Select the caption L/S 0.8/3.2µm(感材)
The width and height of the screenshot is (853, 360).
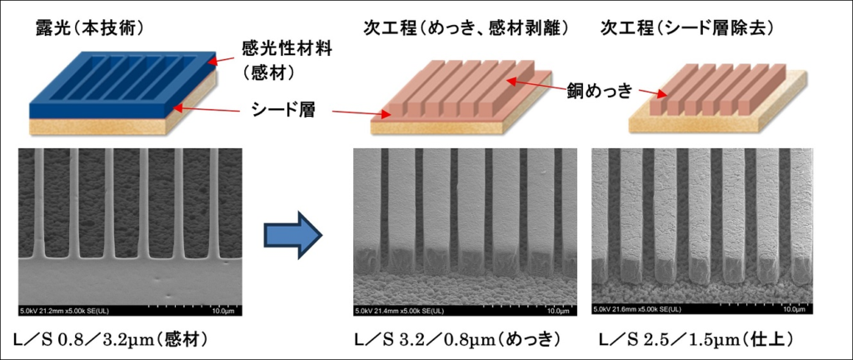[x=115, y=341]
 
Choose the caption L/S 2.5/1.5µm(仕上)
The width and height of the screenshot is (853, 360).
[x=695, y=341]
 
